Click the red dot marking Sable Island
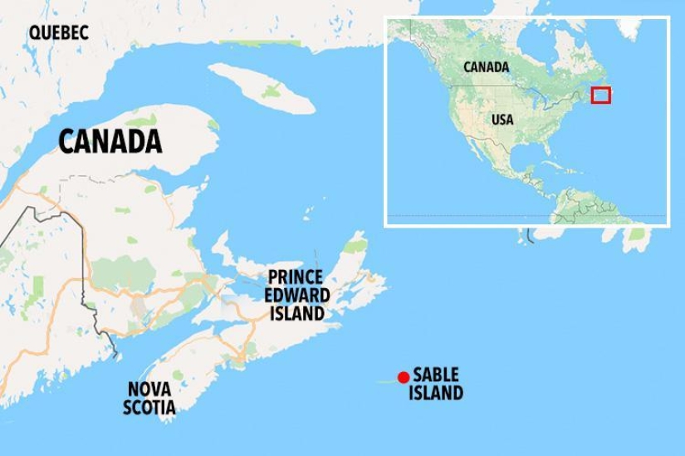click(x=404, y=377)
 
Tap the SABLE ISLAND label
click(x=436, y=384)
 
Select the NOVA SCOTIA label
click(x=149, y=398)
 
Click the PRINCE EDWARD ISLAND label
click(x=297, y=296)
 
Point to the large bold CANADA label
click(x=110, y=142)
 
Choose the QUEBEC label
click(x=58, y=33)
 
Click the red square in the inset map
click(x=600, y=95)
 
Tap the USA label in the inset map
click(x=502, y=120)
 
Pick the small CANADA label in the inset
click(x=486, y=66)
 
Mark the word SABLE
click(x=436, y=375)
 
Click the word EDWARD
click(x=297, y=296)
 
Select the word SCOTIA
click(x=149, y=407)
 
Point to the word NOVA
click(x=149, y=389)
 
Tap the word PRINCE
click(x=297, y=278)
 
